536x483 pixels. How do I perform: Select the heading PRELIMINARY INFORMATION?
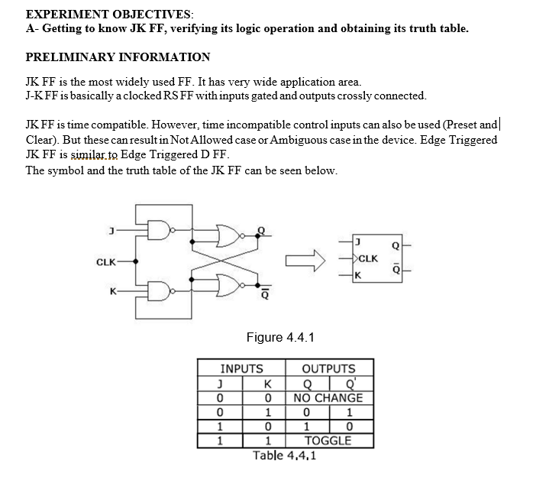pos(118,57)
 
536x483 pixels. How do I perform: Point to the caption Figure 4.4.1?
pos(280,337)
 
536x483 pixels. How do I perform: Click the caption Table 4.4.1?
pos(286,455)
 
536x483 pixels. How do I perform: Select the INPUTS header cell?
pos(241,368)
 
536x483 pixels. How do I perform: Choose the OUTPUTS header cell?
pos(329,368)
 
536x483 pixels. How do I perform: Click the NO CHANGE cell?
pos(328,397)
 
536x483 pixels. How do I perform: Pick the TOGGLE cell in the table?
pos(328,440)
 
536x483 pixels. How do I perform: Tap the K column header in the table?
pos(266,384)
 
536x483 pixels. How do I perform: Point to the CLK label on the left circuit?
pos(107,262)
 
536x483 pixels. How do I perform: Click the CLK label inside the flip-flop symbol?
pos(368,258)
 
